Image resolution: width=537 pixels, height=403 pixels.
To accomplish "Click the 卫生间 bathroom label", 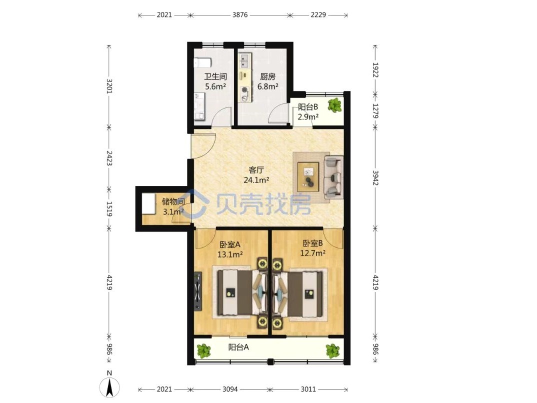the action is [215, 76].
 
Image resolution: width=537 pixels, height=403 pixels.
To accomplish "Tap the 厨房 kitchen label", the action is [267, 76].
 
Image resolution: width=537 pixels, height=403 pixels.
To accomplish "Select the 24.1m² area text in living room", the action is [256, 180].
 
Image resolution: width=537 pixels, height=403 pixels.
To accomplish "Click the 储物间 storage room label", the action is [173, 201].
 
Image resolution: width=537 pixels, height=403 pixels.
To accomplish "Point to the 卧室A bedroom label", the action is [230, 244].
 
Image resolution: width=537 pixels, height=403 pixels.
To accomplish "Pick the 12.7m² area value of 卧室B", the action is [312, 253].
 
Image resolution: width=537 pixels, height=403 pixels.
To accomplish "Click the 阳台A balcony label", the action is [238, 347].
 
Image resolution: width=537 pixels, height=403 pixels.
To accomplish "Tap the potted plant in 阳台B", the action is [334, 105].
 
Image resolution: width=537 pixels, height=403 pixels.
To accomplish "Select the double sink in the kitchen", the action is [244, 60].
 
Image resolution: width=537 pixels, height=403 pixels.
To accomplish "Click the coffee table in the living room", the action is [308, 177].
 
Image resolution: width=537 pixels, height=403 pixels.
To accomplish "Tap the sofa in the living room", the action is [333, 177].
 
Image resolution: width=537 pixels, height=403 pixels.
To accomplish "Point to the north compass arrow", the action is [109, 388].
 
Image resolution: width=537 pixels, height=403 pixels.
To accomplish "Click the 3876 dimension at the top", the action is [239, 15].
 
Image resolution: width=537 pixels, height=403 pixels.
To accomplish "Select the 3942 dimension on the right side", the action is [375, 177].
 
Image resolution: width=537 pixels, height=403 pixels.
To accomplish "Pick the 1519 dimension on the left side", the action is [109, 208].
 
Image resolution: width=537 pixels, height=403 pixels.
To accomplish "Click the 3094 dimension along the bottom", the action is [230, 389].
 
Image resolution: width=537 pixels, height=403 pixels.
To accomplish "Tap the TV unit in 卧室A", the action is [197, 291].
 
